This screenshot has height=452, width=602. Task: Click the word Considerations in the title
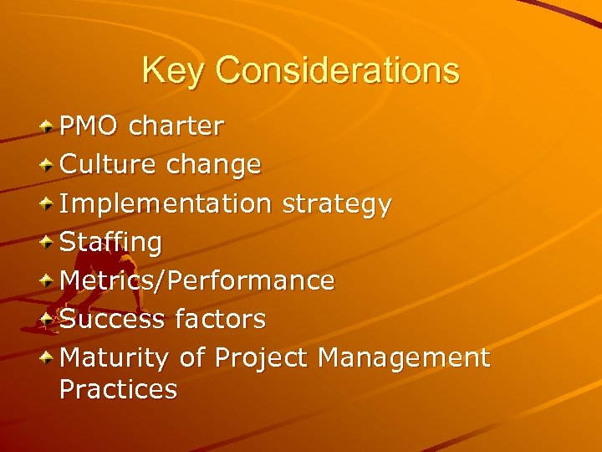point(337,70)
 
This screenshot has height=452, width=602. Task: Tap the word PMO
point(93,126)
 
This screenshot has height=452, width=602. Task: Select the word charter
point(177,126)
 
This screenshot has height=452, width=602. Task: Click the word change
point(214,165)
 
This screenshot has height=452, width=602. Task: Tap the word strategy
point(336,203)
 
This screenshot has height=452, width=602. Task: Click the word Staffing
point(112,243)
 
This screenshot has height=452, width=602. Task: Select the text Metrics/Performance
point(198,280)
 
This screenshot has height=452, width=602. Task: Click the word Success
point(114,319)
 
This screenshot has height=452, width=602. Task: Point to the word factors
point(221,319)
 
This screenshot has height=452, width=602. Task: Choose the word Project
point(262,358)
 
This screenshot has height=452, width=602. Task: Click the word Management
point(404,357)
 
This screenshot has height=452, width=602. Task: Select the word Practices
point(119,389)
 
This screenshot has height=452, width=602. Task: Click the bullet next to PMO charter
point(49,126)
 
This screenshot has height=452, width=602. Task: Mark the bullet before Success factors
point(49,319)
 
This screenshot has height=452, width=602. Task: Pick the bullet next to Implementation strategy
point(49,203)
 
